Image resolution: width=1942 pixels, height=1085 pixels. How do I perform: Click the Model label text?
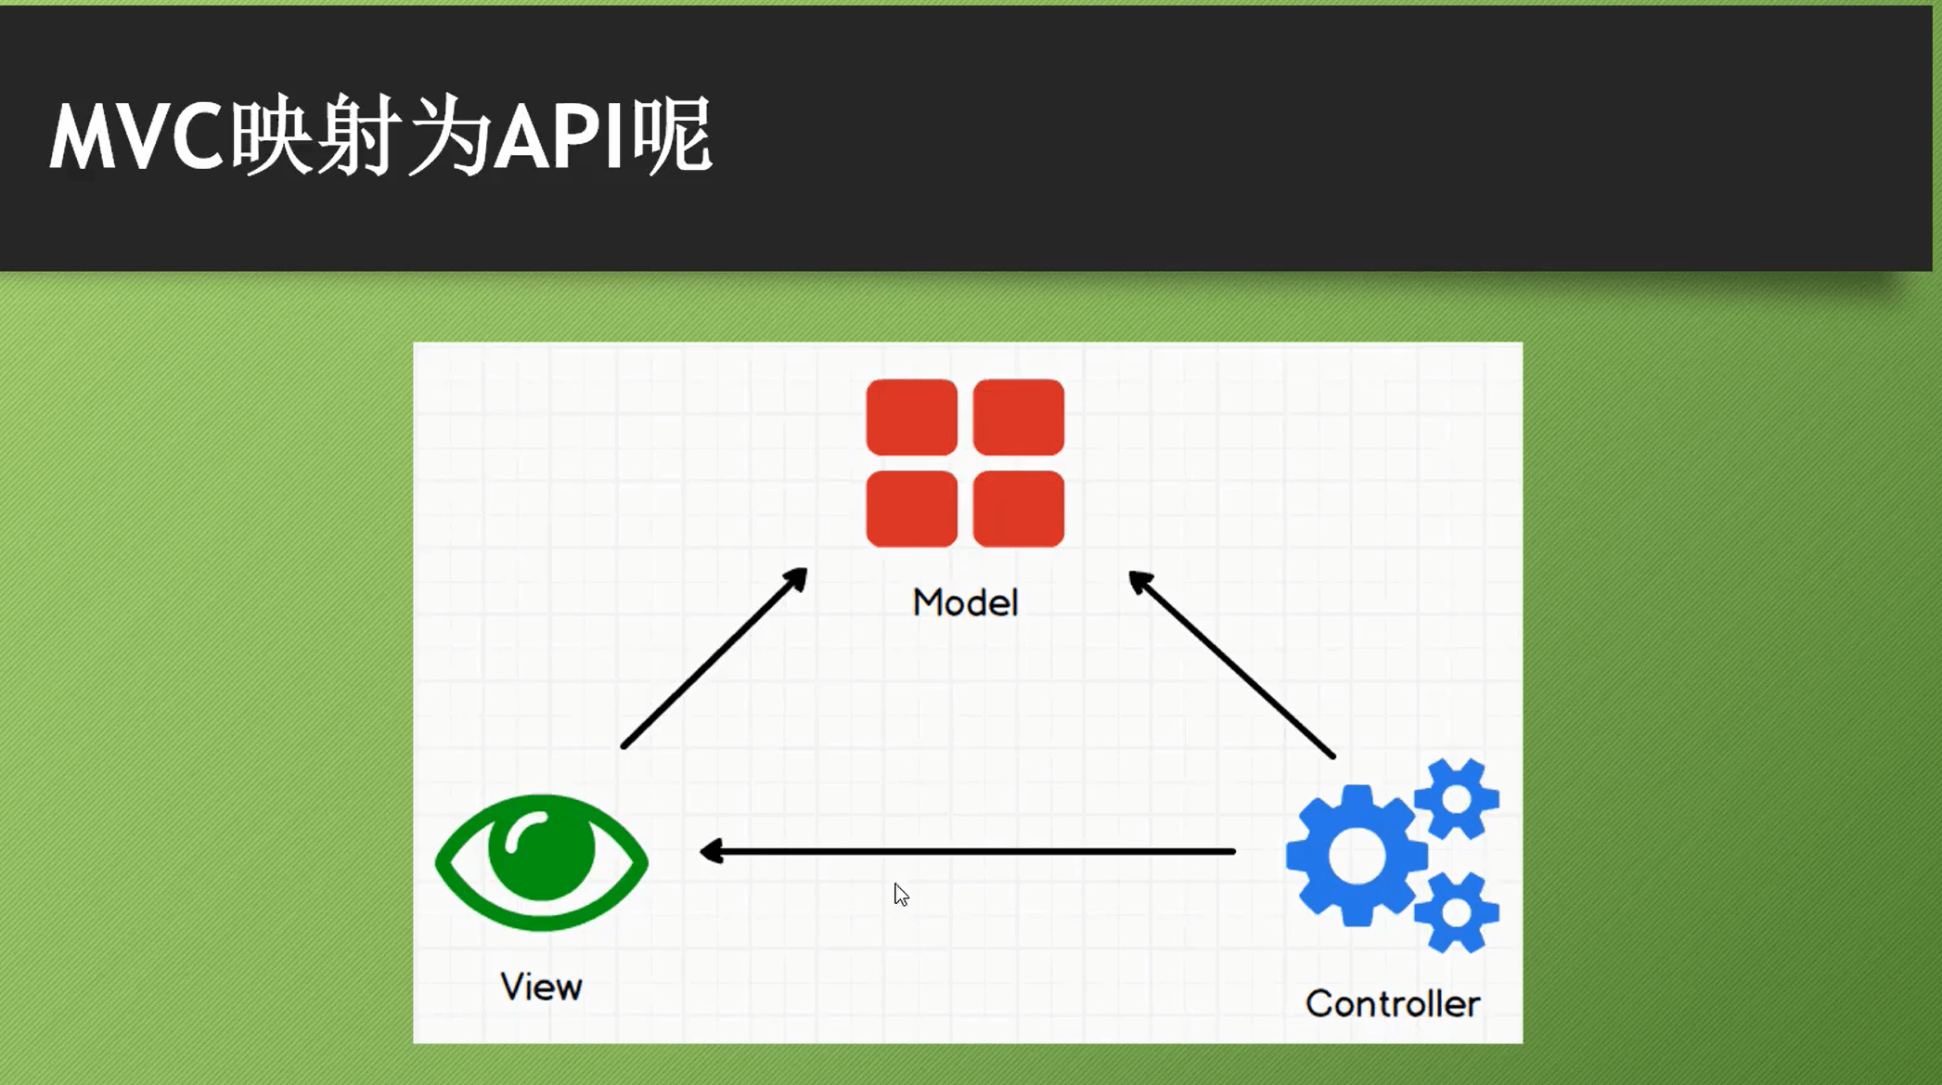pyautogui.click(x=965, y=603)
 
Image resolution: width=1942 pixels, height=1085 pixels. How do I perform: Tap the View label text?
pyautogui.click(x=541, y=987)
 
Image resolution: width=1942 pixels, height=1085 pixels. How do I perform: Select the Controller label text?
pyautogui.click(x=1392, y=1003)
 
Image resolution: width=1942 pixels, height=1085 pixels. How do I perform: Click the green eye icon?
pyautogui.click(x=541, y=862)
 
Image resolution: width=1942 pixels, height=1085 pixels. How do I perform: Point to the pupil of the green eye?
pyautogui.click(x=541, y=849)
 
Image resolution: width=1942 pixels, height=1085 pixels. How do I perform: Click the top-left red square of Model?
pyautogui.click(x=911, y=417)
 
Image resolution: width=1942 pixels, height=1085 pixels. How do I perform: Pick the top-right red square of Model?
pyautogui.click(x=1018, y=417)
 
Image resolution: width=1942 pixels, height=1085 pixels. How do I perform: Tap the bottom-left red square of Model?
pyautogui.click(x=911, y=509)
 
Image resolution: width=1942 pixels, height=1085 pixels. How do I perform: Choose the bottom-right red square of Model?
pyautogui.click(x=1018, y=509)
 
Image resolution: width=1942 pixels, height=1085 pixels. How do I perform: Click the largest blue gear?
pyautogui.click(x=1356, y=856)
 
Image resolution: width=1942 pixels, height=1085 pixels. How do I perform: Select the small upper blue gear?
pyautogui.click(x=1456, y=799)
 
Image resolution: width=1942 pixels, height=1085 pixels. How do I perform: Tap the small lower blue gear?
pyautogui.click(x=1456, y=912)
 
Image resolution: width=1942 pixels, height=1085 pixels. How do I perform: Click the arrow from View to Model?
pyautogui.click(x=714, y=658)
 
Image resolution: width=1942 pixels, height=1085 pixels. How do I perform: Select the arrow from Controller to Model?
pyautogui.click(x=1231, y=665)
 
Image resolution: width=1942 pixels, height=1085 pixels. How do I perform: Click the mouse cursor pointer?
pyautogui.click(x=900, y=894)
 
